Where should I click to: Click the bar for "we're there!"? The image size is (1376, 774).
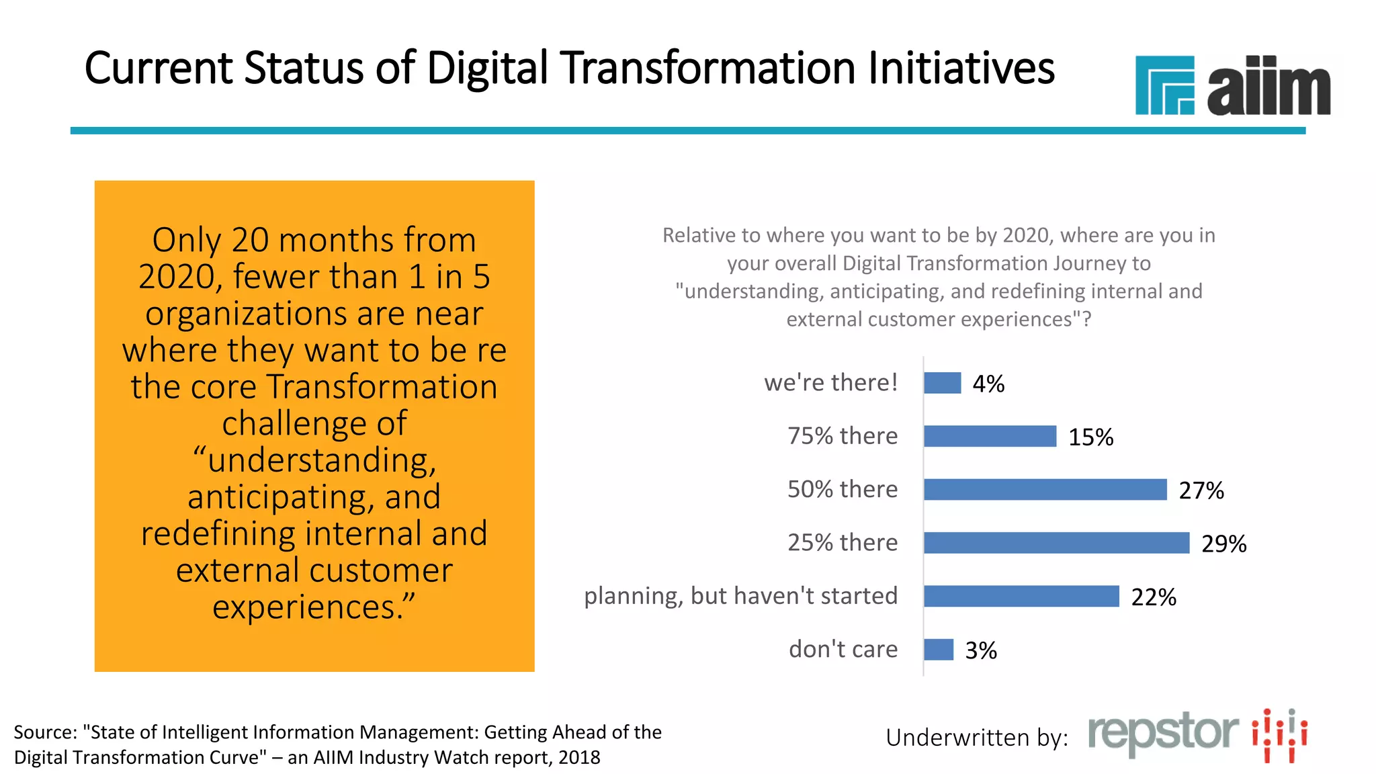click(x=942, y=383)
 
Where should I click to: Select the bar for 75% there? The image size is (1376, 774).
click(x=990, y=436)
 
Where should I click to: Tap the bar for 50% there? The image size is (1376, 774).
click(x=1045, y=489)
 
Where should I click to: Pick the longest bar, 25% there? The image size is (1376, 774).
click(x=1056, y=543)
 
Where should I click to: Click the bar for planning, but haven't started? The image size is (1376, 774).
click(x=1021, y=596)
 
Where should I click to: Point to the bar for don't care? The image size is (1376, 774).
click(x=939, y=650)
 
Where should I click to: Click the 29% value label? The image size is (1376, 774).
click(x=1223, y=544)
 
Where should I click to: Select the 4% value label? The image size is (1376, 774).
click(x=988, y=384)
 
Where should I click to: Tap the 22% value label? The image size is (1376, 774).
click(x=1153, y=597)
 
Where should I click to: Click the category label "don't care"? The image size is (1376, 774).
click(x=843, y=649)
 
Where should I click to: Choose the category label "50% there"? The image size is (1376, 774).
click(x=842, y=489)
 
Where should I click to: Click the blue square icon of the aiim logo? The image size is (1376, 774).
click(x=1164, y=85)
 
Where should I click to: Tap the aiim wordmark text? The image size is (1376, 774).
click(x=1268, y=87)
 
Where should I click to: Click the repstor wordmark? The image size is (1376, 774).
click(x=1163, y=734)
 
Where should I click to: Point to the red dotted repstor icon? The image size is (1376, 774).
click(x=1279, y=735)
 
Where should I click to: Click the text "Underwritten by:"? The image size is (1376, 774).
click(x=976, y=738)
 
